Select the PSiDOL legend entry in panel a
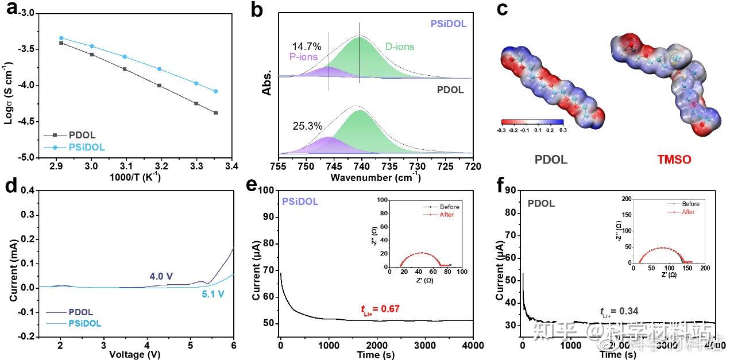[87, 147]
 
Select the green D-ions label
[399, 47]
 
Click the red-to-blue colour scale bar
[532, 122]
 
